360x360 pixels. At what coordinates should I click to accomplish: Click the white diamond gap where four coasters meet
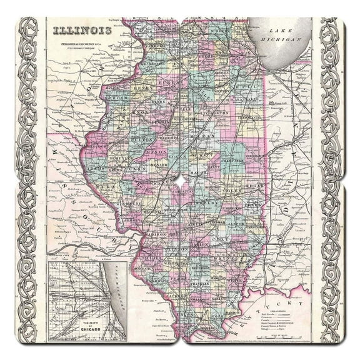[x=180, y=180]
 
